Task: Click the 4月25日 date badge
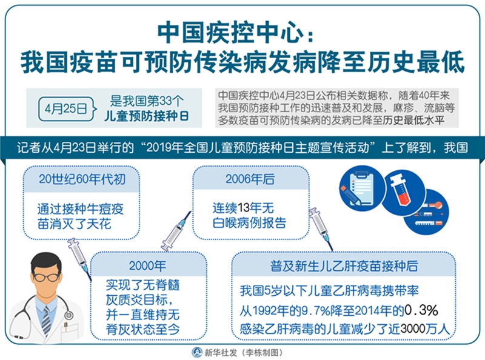[x=66, y=108]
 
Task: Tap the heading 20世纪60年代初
[x=82, y=179]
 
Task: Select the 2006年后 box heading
[x=250, y=179]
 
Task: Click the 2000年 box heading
[x=147, y=266]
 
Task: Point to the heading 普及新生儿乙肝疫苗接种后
[x=344, y=266]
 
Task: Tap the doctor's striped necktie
[x=47, y=320]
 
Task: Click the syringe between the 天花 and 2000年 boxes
[x=80, y=259]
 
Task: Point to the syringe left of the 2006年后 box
[x=176, y=231]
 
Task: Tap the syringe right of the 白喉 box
[x=321, y=228]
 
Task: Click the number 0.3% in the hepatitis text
[x=421, y=310]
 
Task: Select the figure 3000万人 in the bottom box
[x=425, y=328]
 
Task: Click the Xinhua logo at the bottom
[x=196, y=352]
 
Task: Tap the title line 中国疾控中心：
[x=236, y=33]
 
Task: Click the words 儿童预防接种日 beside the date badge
[x=146, y=116]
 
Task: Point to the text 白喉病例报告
[x=249, y=222]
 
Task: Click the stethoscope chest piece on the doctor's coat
[x=69, y=316]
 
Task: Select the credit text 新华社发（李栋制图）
[x=243, y=353]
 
